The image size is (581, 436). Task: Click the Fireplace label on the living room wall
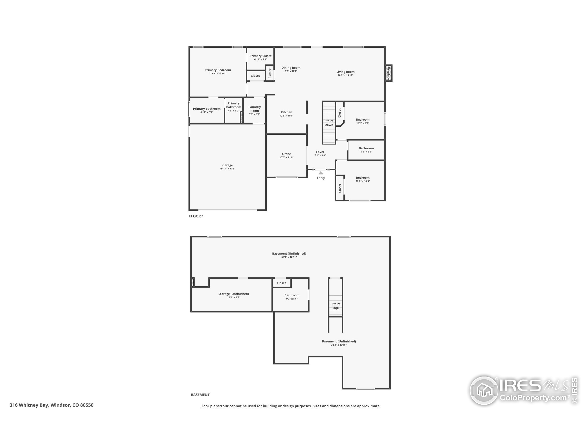(x=388, y=73)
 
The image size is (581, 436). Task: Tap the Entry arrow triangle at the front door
(x=321, y=173)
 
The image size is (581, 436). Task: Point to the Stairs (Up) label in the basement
(x=336, y=306)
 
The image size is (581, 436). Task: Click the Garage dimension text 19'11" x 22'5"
(x=227, y=169)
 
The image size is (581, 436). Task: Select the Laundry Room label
(x=254, y=109)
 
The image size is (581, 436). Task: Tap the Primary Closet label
(x=261, y=56)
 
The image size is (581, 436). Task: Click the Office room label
(x=286, y=154)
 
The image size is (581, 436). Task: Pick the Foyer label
(x=320, y=152)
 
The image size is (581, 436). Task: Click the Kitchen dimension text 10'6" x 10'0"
(x=286, y=116)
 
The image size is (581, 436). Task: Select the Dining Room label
(x=291, y=67)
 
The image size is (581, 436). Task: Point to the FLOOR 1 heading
(x=196, y=216)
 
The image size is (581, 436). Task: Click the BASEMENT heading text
(x=200, y=395)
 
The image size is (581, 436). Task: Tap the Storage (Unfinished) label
(x=234, y=294)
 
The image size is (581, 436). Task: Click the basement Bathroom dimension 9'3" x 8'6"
(x=292, y=299)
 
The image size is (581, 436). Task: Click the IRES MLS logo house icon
(x=484, y=391)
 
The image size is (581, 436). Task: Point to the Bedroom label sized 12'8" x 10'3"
(x=363, y=178)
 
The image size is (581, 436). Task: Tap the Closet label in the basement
(x=281, y=283)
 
